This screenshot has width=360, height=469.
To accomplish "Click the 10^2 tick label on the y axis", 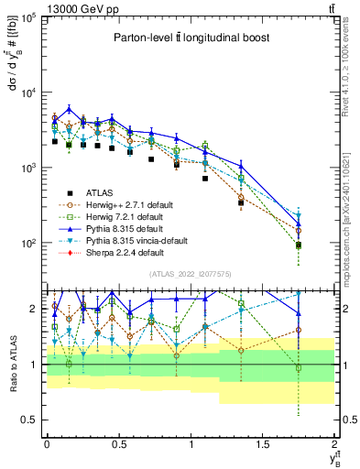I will point(28,244).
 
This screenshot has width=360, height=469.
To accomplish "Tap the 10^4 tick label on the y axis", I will point(28,93).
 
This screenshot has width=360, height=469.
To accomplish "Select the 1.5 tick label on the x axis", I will point(262,443).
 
